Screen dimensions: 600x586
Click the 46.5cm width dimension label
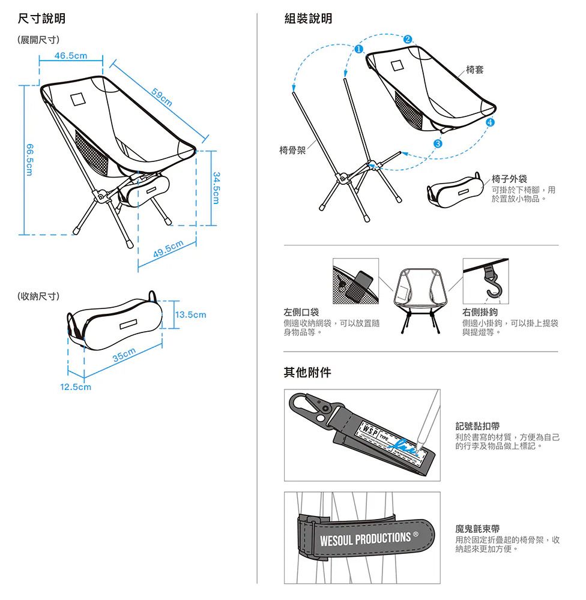coord(71,56)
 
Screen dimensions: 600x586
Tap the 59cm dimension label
coord(162,98)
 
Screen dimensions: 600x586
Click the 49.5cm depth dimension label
coord(168,248)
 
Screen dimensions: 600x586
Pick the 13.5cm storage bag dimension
coord(191,314)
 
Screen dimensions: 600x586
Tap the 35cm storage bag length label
coord(125,355)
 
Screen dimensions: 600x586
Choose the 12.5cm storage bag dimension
coord(75,387)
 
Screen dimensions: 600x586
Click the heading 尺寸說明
coord(41,19)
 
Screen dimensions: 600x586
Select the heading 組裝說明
coord(307,19)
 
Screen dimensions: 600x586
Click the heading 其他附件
coord(307,373)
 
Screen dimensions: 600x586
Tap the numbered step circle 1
coord(358,49)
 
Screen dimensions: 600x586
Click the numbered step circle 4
coord(491,122)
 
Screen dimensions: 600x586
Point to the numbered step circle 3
coord(438,143)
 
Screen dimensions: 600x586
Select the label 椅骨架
coord(292,149)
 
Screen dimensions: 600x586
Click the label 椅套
coord(475,70)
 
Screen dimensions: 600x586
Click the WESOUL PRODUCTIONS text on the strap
coord(364,538)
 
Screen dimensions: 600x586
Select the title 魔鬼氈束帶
coord(478,529)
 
